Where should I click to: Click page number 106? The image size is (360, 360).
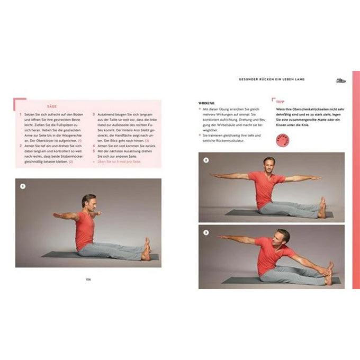(x=88, y=279)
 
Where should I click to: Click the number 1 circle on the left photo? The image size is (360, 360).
(x=22, y=186)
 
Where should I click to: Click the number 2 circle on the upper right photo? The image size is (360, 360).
(x=206, y=160)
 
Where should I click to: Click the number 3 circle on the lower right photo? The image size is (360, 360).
(x=206, y=232)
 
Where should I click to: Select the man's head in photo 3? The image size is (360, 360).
(x=284, y=236)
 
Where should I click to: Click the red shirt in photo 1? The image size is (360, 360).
(x=84, y=229)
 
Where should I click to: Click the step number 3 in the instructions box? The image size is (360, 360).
(x=93, y=113)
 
